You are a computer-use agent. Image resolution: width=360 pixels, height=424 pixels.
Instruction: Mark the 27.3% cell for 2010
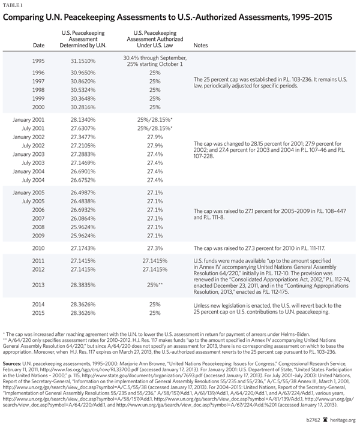154,247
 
